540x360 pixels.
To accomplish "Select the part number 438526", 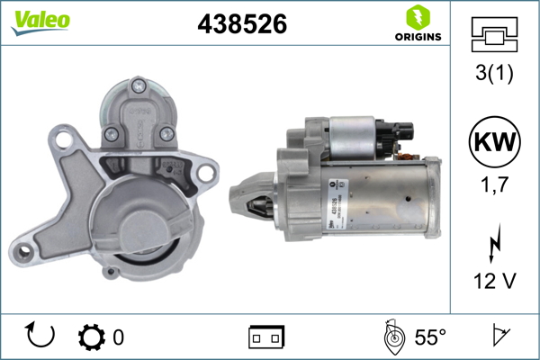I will (242, 25).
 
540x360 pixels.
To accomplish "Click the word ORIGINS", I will (418, 37).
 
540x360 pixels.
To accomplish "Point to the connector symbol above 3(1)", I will (494, 35).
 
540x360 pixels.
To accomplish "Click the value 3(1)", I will (494, 75).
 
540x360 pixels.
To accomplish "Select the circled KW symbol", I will (494, 141).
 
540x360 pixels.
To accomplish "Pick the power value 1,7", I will (494, 187).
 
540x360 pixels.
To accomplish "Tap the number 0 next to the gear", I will (118, 337).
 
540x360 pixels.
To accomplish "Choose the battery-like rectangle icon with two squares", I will (266, 337).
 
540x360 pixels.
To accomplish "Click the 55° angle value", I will (430, 337).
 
